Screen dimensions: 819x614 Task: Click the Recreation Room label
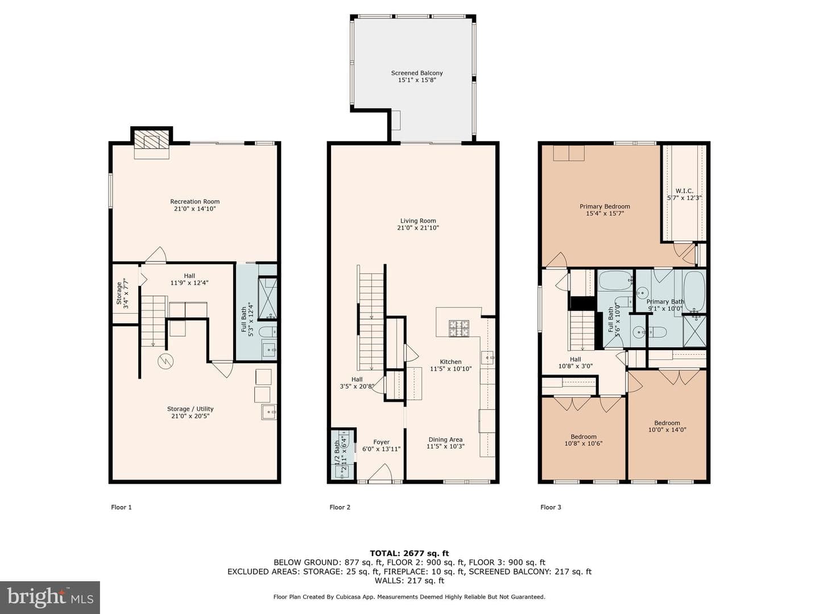pyautogui.click(x=195, y=202)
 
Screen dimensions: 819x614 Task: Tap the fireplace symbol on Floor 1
pyautogui.click(x=151, y=141)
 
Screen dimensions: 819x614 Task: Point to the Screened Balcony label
pyautogui.click(x=417, y=73)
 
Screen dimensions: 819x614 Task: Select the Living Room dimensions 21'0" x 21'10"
pyautogui.click(x=418, y=228)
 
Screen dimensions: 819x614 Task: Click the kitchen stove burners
pyautogui.click(x=458, y=328)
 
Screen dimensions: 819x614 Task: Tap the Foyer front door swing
pyautogui.click(x=380, y=472)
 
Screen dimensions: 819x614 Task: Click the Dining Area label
pyautogui.click(x=445, y=439)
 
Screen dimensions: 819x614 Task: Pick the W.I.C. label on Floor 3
pyautogui.click(x=684, y=191)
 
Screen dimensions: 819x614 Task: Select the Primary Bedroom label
pyautogui.click(x=605, y=206)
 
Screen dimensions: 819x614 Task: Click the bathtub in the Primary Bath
pyautogui.click(x=694, y=291)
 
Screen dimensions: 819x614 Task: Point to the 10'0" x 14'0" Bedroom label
pyautogui.click(x=667, y=423)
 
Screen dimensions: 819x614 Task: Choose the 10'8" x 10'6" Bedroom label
pyautogui.click(x=584, y=437)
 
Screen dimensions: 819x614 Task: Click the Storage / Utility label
pyautogui.click(x=191, y=409)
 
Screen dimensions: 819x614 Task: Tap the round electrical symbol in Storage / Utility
pyautogui.click(x=166, y=361)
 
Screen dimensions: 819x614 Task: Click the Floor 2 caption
pyautogui.click(x=340, y=507)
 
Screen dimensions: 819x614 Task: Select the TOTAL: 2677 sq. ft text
pyautogui.click(x=409, y=554)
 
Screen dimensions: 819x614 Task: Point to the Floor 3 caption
pyautogui.click(x=551, y=507)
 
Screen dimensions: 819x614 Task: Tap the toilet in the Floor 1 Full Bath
pyautogui.click(x=268, y=331)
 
